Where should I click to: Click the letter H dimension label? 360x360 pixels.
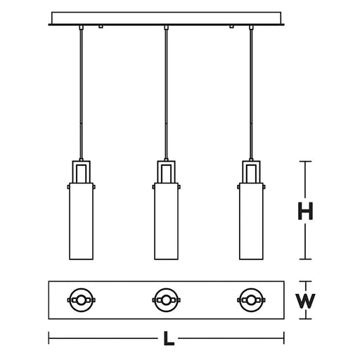click(304, 211)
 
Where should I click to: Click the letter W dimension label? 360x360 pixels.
click(304, 301)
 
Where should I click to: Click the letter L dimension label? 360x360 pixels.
click(167, 338)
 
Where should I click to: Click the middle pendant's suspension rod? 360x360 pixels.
click(166, 91)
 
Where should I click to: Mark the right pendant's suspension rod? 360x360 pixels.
click(251, 91)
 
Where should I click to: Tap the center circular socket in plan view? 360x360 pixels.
click(166, 300)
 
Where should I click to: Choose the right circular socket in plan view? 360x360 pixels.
click(251, 300)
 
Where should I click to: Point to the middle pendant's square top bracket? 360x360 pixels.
click(166, 171)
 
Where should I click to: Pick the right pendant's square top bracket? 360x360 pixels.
click(251, 171)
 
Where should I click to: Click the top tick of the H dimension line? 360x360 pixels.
click(304, 162)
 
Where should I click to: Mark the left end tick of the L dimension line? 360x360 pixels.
click(49, 338)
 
